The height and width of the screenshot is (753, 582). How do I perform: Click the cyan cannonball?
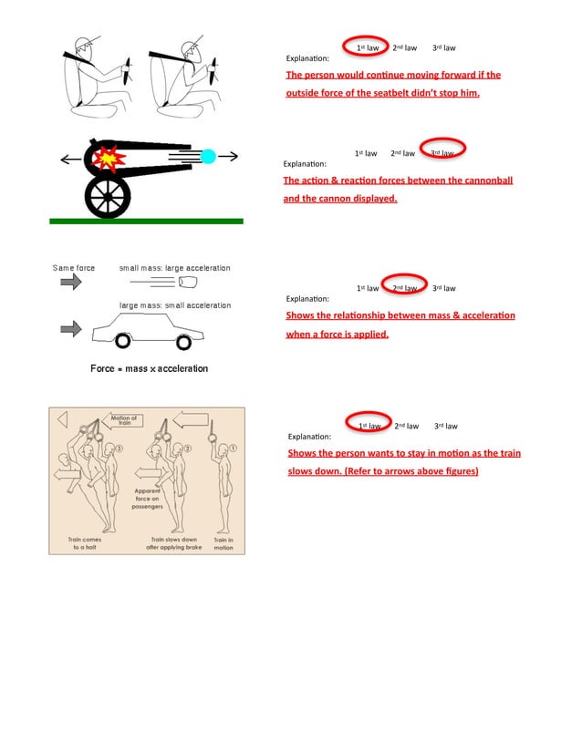pyautogui.click(x=208, y=157)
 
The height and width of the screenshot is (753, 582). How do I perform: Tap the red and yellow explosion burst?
pyautogui.click(x=109, y=159)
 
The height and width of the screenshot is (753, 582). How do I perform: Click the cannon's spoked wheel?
pyautogui.click(x=107, y=195)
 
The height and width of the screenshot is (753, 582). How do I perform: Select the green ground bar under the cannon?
pyautogui.click(x=146, y=221)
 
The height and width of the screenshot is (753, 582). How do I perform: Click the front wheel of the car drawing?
pyautogui.click(x=121, y=342)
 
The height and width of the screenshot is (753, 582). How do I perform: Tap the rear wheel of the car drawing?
pyautogui.click(x=183, y=342)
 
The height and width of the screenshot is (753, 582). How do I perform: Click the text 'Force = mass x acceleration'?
pyautogui.click(x=149, y=368)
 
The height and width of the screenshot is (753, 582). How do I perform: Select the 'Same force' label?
pyautogui.click(x=74, y=268)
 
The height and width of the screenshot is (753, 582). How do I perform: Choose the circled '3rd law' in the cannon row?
pyautogui.click(x=442, y=151)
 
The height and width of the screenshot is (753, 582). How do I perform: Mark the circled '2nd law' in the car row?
pyautogui.click(x=404, y=287)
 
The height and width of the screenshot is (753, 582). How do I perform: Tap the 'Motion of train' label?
pyautogui.click(x=124, y=420)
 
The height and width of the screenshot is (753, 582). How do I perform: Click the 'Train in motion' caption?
pyautogui.click(x=223, y=543)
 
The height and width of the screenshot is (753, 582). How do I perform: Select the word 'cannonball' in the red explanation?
pyautogui.click(x=471, y=180)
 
